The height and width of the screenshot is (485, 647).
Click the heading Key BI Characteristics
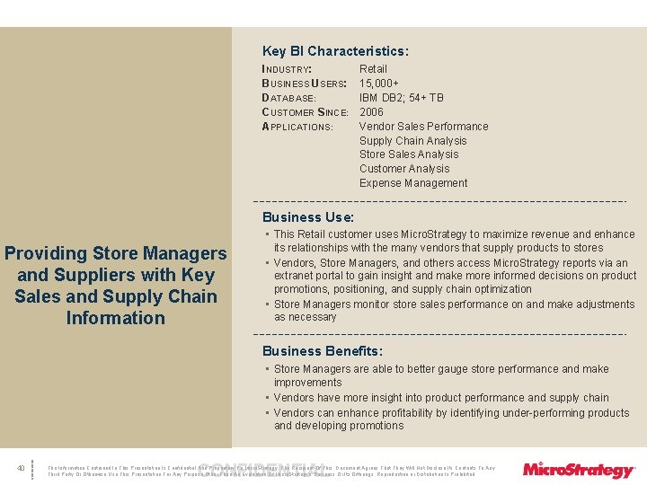335,52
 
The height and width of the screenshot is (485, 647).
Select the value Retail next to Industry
373,69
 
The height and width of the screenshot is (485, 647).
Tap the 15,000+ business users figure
379,84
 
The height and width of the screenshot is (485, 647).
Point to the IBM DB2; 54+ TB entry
402,98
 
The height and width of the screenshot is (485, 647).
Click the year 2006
371,112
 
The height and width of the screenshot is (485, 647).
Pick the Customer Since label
305,112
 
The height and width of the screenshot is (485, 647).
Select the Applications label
297,127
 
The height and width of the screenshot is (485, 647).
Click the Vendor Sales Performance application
424,127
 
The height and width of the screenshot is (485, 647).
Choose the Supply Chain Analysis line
413,141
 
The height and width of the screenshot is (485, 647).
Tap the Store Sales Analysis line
409,154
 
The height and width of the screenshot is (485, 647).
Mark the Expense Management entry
413,183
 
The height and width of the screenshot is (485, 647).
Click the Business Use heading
308,217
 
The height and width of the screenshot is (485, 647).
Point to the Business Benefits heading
323,351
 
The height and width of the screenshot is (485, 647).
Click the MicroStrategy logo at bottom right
579,470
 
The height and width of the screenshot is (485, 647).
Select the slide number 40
21,468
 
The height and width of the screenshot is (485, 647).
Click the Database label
288,98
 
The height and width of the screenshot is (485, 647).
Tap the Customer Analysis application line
404,169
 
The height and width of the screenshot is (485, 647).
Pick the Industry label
287,69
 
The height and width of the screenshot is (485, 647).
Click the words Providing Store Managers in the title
116,254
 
